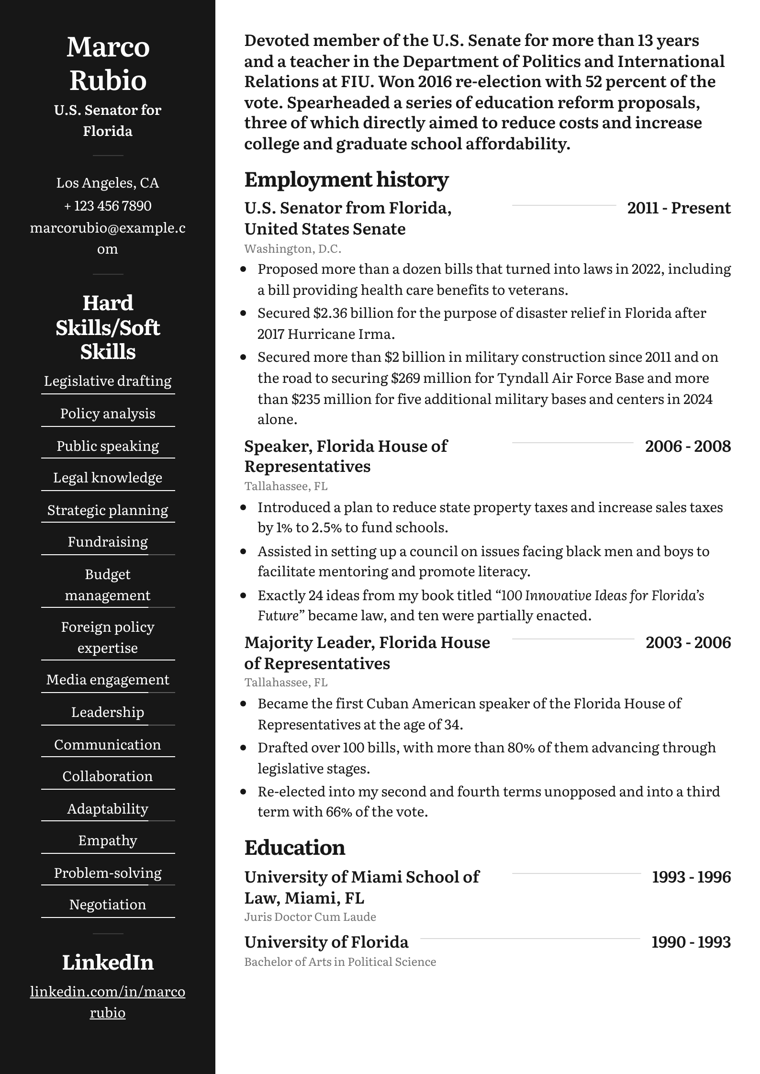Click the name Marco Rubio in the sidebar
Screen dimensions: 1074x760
[108, 63]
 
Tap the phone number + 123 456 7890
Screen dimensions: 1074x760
[108, 206]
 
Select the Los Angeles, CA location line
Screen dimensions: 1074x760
[108, 183]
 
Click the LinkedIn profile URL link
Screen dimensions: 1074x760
[108, 1002]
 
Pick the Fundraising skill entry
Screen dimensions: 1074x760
[108, 542]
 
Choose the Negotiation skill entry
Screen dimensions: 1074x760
[108, 905]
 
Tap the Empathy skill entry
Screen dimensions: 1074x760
[108, 840]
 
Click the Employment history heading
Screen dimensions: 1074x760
[346, 179]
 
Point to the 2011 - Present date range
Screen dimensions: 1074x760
[679, 208]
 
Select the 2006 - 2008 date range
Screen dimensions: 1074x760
[688, 446]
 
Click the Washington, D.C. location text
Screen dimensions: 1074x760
[292, 249]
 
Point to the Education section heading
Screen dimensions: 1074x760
[294, 848]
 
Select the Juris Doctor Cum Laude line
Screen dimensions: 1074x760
[310, 917]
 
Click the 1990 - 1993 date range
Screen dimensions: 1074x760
[691, 942]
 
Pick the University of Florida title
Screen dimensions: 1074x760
[326, 942]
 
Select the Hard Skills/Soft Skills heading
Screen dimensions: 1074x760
[108, 327]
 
